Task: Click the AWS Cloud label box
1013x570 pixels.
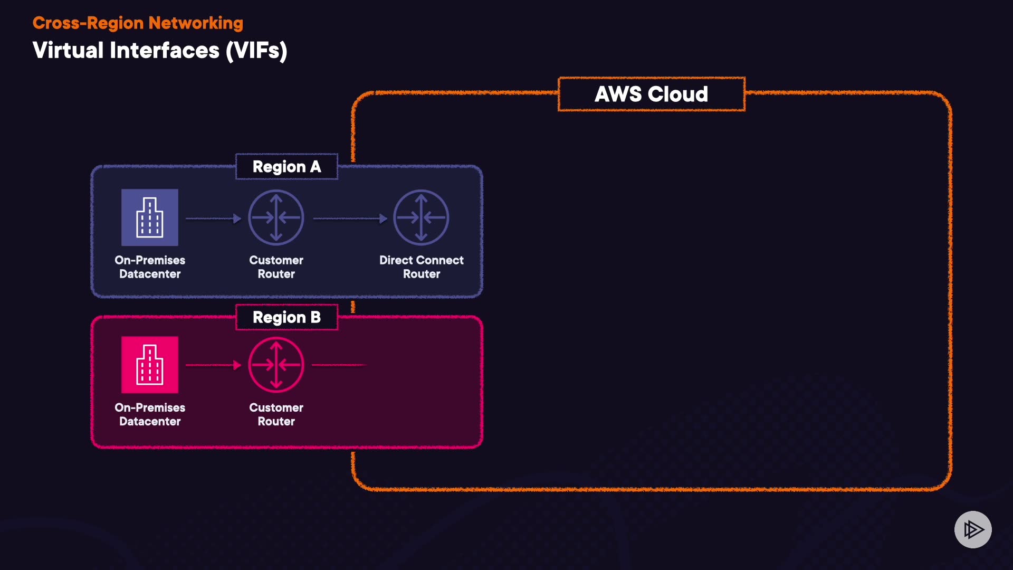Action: (x=652, y=94)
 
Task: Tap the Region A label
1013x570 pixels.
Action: (x=286, y=167)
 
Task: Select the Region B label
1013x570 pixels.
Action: (x=286, y=317)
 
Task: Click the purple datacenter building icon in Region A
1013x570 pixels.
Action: (x=150, y=217)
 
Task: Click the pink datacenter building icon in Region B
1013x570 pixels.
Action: (x=150, y=365)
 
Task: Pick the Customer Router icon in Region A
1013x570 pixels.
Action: (x=276, y=217)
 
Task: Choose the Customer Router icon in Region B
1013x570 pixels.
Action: (x=276, y=365)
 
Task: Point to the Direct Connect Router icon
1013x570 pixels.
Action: (x=421, y=217)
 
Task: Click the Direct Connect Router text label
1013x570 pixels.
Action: (x=421, y=267)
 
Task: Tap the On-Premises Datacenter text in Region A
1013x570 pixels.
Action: (x=150, y=267)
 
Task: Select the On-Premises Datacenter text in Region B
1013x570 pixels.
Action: (x=150, y=414)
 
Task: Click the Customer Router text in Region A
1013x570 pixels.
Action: (x=276, y=267)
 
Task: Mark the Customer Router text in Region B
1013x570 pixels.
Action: (x=276, y=414)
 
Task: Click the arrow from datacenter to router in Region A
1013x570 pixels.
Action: (x=213, y=218)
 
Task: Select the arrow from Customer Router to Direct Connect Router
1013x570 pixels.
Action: (x=350, y=218)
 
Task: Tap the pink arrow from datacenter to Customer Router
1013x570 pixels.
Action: (x=213, y=365)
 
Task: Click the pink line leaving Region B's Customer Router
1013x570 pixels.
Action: (x=338, y=365)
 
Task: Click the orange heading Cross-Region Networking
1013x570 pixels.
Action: (x=138, y=23)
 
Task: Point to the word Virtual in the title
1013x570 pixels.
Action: (x=68, y=51)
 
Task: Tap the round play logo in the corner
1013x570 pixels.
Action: (x=973, y=529)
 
